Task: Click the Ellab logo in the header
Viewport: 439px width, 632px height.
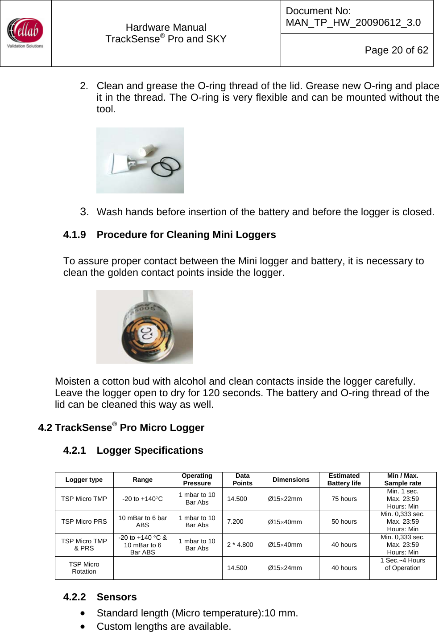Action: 25,33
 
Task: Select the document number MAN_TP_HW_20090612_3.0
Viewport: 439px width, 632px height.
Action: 353,22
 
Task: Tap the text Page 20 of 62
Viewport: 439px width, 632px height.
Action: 396,50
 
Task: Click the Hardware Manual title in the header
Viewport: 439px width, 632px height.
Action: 166,28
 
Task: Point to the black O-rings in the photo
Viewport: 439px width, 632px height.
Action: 166,166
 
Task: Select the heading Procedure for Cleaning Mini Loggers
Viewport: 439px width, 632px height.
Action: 186,234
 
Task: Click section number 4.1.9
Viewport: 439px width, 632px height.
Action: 75,234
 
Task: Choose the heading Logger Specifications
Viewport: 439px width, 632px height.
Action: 149,450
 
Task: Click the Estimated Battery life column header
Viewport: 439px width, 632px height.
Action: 344,480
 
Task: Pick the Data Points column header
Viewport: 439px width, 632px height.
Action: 242,480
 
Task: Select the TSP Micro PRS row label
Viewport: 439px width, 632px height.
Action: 84,521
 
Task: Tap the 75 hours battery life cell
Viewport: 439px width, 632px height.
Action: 344,499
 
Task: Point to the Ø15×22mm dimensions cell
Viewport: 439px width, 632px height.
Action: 285,499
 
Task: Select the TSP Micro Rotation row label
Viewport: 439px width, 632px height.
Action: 84,568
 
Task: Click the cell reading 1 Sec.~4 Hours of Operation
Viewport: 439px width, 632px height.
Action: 402,564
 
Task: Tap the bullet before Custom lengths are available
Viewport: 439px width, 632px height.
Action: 83,626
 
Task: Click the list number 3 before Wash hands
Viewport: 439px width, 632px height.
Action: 84,212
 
